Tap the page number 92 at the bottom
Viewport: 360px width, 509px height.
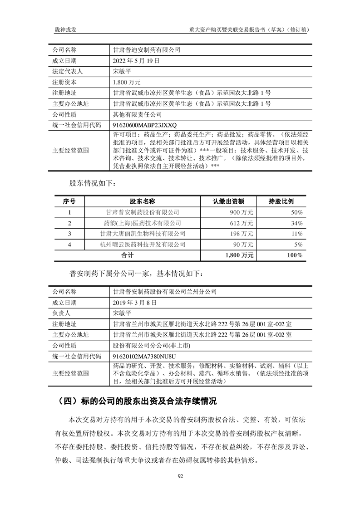[180, 476]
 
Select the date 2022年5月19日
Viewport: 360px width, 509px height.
[136, 60]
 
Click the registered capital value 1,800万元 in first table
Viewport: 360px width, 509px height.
[127, 82]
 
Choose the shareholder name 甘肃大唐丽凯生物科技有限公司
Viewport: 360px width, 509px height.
[143, 234]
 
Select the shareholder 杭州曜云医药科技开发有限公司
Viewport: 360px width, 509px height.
[143, 245]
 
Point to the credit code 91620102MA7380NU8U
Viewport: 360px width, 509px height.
[143, 357]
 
